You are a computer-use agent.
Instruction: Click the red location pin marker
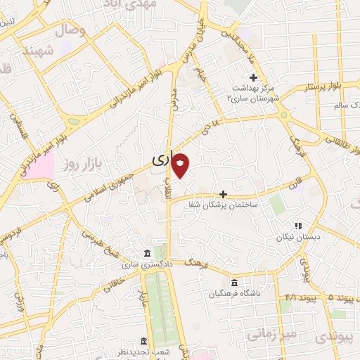click(x=181, y=164)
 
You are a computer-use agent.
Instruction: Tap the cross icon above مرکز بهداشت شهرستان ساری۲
click(x=253, y=77)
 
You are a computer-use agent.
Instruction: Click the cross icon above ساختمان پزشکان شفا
click(x=224, y=193)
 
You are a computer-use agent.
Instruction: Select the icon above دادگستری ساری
click(x=146, y=253)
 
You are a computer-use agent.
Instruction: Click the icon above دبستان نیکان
click(x=298, y=226)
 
